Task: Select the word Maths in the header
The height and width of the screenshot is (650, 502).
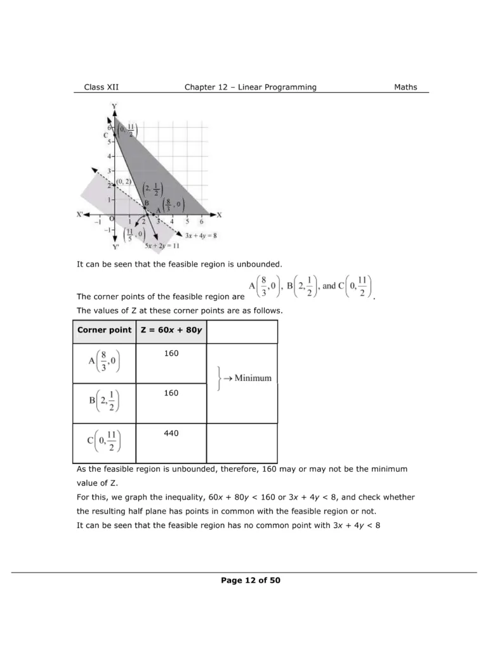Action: pos(406,87)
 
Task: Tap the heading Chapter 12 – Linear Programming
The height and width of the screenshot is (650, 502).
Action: pos(250,87)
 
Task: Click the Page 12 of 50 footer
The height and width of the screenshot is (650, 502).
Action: pos(251,580)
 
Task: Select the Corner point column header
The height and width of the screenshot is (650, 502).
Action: pos(104,330)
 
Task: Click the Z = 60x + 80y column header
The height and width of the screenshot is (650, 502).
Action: pos(171,330)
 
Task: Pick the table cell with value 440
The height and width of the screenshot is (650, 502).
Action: pos(171,433)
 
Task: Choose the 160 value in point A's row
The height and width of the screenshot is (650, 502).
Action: pos(171,354)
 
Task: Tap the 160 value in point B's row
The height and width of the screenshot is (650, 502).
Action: pos(171,393)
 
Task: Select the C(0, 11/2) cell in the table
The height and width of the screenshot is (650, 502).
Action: pos(104,443)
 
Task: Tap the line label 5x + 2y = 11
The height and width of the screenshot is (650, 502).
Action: pos(161,245)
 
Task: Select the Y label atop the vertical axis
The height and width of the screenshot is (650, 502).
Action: pos(114,105)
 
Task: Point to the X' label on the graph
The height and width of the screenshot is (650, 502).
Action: pos(80,215)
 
